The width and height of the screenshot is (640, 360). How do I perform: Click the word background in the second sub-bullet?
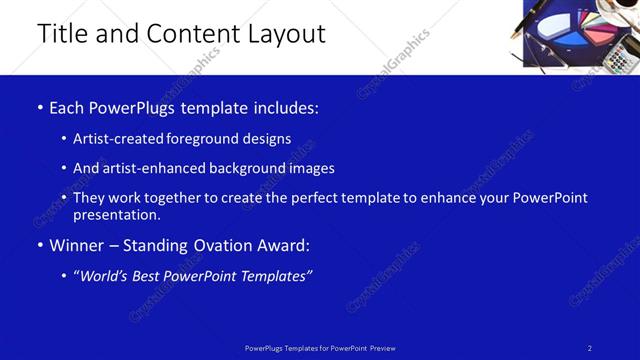(x=236, y=168)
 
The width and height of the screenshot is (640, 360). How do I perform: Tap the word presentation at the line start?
(x=116, y=214)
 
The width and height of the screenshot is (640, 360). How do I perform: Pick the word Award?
(x=283, y=245)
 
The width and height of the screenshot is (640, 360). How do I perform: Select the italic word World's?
(x=105, y=276)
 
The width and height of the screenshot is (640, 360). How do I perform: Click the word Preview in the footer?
(x=382, y=348)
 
